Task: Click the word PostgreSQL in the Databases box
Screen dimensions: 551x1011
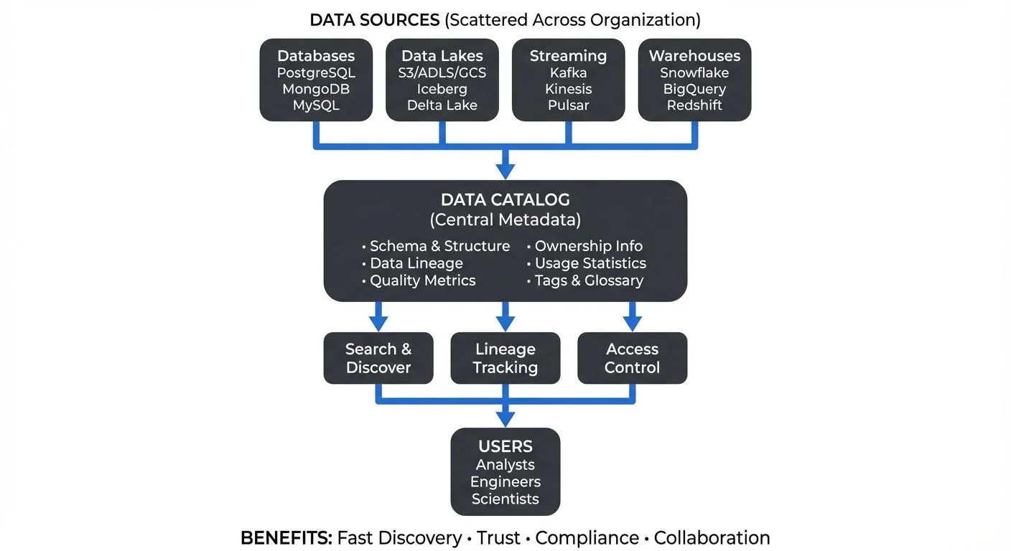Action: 316,73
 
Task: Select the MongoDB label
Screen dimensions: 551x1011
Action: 316,89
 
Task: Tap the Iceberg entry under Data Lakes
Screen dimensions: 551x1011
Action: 442,89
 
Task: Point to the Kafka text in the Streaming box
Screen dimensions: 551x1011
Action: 568,73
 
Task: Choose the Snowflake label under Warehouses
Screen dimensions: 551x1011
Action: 694,73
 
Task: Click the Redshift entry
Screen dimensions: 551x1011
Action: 694,105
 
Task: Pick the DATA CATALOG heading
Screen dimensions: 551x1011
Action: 505,200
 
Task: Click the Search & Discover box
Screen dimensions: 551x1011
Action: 378,358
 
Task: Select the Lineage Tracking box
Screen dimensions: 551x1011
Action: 505,358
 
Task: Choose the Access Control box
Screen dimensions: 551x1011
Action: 632,358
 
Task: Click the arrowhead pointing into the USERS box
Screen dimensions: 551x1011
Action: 505,418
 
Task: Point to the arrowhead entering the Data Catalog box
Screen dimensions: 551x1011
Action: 505,171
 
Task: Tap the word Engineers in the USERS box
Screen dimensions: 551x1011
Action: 505,482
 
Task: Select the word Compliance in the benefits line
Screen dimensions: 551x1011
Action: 587,538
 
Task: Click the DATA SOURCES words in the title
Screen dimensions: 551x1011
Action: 374,20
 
